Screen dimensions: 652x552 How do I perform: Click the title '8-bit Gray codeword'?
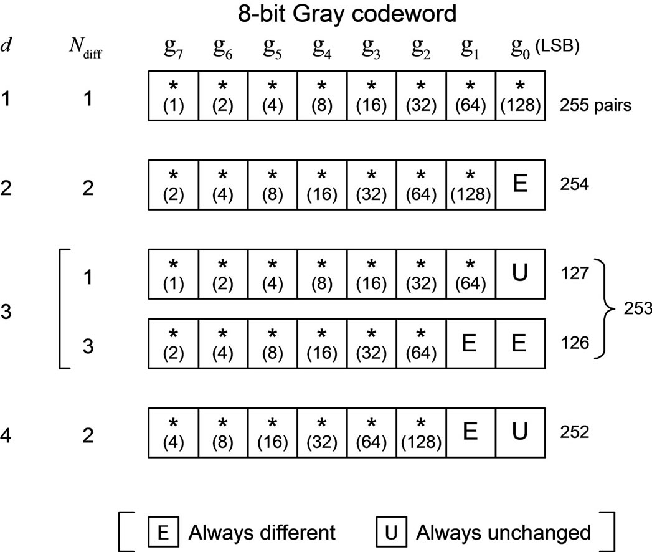[x=347, y=14]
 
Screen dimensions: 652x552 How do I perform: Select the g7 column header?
[x=173, y=48]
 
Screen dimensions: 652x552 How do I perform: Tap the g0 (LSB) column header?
[x=545, y=48]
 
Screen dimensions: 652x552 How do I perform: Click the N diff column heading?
[x=85, y=48]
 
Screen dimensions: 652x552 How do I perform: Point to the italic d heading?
[x=6, y=44]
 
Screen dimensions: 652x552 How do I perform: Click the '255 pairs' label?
[x=595, y=105]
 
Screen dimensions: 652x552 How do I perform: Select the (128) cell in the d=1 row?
[x=520, y=96]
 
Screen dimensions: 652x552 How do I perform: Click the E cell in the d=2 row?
[x=520, y=185]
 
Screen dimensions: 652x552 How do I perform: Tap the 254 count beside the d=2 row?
[x=574, y=184]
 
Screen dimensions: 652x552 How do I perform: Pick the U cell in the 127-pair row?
[x=520, y=274]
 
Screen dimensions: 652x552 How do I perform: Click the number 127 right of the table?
[x=574, y=274]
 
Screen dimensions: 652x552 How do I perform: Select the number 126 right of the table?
[x=574, y=343]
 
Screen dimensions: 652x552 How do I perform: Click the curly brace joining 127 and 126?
[x=603, y=308]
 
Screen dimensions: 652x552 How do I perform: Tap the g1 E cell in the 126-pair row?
[x=471, y=343]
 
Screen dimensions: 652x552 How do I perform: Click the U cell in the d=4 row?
[x=520, y=432]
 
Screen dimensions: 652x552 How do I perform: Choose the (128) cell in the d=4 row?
[x=421, y=432]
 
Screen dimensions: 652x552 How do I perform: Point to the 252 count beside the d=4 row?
[x=574, y=432]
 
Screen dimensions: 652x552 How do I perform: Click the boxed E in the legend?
[x=163, y=532]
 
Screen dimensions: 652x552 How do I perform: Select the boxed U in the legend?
[x=391, y=532]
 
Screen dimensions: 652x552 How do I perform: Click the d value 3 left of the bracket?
[x=6, y=311]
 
